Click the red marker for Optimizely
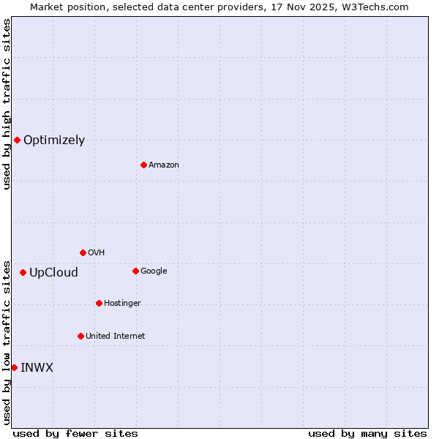pyautogui.click(x=17, y=140)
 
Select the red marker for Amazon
pyautogui.click(x=143, y=165)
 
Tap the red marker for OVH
pyautogui.click(x=83, y=252)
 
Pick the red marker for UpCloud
pyautogui.click(x=23, y=272)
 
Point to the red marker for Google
pyautogui.click(x=135, y=271)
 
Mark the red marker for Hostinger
pyautogui.click(x=99, y=303)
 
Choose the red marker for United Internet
pyautogui.click(x=80, y=336)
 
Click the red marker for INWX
pyautogui.click(x=14, y=367)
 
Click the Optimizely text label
pyautogui.click(x=54, y=140)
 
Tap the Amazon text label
pyautogui.click(x=163, y=165)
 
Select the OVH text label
pyautogui.click(x=96, y=253)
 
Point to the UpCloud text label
pyautogui.click(x=53, y=273)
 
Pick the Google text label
pyautogui.click(x=154, y=271)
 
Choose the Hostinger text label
pyautogui.click(x=122, y=304)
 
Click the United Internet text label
pyautogui.click(x=115, y=337)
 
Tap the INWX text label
pyautogui.click(x=37, y=368)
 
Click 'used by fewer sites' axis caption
pyautogui.click(x=75, y=433)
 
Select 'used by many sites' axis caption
pyautogui.click(x=367, y=433)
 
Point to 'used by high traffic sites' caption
pyautogui.click(x=7, y=104)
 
